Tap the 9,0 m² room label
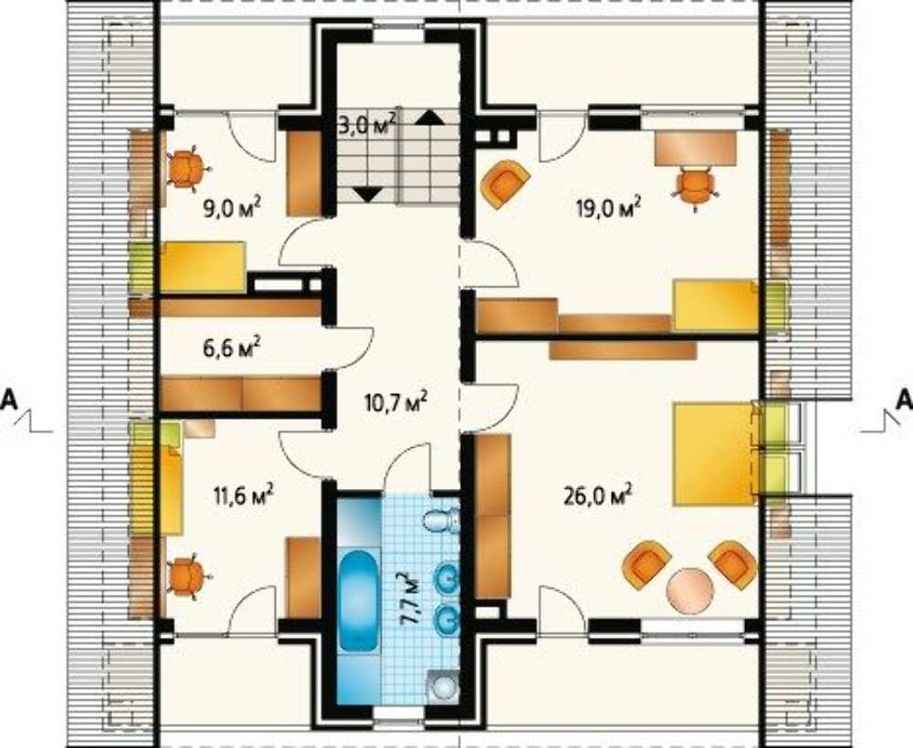(231, 206)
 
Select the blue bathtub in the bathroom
(358, 601)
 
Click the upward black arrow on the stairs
(429, 117)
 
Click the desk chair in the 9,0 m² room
(186, 169)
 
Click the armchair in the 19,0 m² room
(506, 184)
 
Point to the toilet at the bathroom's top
(441, 520)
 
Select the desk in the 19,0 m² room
(696, 149)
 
